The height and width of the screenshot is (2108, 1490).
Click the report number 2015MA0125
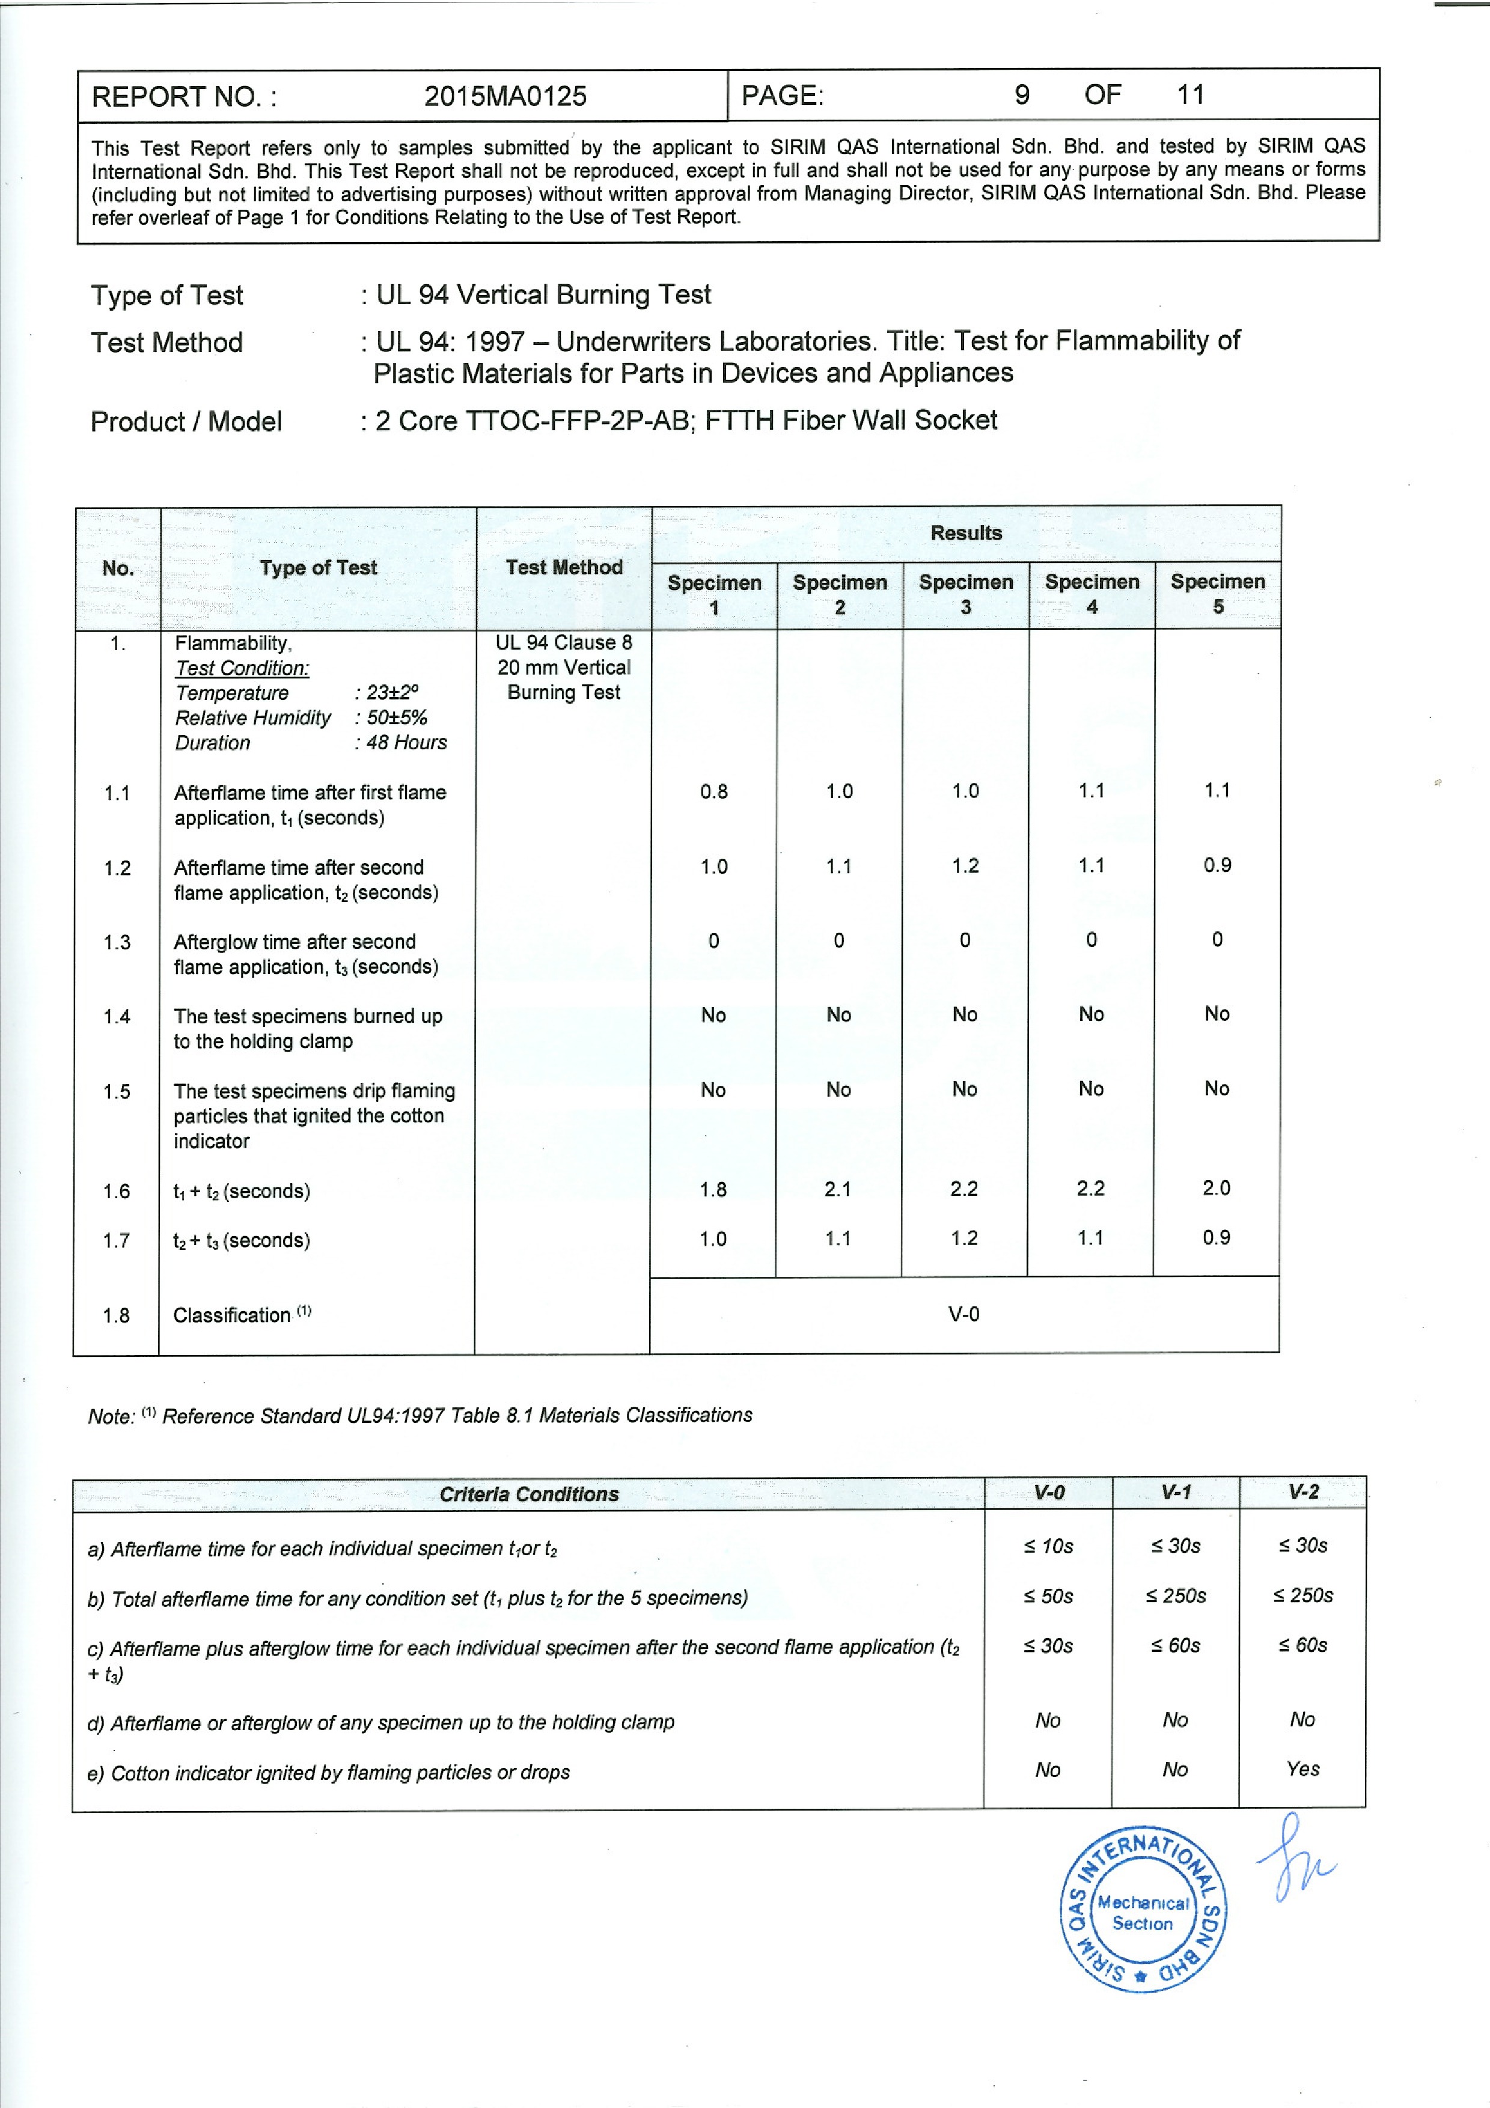(505, 96)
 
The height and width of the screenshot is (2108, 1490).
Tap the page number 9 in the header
(1022, 94)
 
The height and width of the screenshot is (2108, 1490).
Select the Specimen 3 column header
(966, 594)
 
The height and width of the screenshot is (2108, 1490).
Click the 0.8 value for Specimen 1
(713, 791)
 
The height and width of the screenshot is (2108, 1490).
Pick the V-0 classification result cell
(964, 1314)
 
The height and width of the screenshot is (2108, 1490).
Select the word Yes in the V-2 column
(1302, 1768)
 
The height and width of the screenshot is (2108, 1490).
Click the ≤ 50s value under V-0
(1048, 1595)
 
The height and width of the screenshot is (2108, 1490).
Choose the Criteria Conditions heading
(529, 1494)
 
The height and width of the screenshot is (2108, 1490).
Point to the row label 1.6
(117, 1191)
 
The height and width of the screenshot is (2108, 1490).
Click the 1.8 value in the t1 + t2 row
(713, 1190)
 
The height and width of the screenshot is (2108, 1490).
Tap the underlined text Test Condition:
(242, 668)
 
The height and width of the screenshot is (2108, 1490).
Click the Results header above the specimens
(966, 532)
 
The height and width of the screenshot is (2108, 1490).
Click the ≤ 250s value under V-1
(1176, 1595)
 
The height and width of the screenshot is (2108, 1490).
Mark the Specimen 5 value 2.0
(1217, 1188)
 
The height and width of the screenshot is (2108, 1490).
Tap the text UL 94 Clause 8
(564, 643)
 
